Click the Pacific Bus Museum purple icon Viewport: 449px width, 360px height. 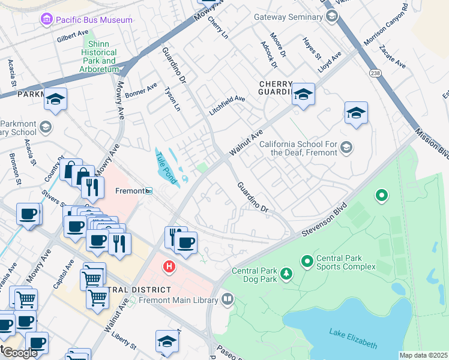click(46, 20)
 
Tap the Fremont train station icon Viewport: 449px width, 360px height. click(149, 191)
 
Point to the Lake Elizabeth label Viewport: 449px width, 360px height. click(353, 338)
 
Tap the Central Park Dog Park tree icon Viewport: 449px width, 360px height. click(287, 274)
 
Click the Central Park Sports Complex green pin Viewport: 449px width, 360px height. click(307, 261)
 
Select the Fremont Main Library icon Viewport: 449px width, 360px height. click(227, 298)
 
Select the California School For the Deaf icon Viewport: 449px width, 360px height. click(346, 147)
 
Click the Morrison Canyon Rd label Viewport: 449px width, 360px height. click(385, 26)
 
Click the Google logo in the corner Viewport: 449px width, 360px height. click(20, 352)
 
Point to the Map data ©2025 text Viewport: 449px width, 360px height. click(423, 355)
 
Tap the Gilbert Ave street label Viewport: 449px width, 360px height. click(73, 38)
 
